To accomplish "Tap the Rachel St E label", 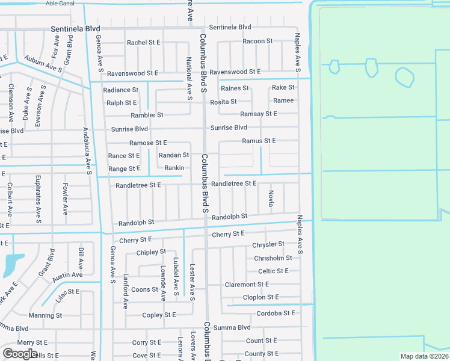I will coord(143,43).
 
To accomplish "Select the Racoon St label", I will coord(257,42).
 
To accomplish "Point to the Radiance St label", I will coord(120,90).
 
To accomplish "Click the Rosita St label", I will coord(223,102).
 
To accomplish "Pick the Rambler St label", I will coord(147,115).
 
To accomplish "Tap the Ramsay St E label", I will coord(258,114).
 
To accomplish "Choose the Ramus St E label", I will coord(258,141).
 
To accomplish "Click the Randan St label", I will coord(174,155).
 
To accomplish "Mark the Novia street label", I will coord(271,198).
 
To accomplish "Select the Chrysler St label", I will coord(268,245).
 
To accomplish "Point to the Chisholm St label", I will coord(273,258).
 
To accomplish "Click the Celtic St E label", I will coord(274,271).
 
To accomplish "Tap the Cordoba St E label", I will coord(276,313).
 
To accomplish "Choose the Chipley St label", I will coord(151,253).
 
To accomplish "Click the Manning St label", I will coord(45,315).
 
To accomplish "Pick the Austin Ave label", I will coord(67,276).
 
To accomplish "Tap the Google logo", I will coord(20,354).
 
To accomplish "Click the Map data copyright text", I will coord(425,356).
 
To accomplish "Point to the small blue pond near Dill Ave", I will coord(13,264).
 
